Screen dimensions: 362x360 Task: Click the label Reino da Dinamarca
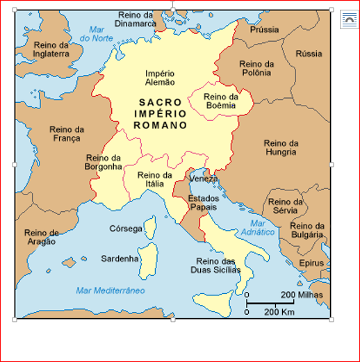coord(136,18)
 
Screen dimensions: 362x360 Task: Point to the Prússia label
coord(264,30)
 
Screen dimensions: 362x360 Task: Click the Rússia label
coord(309,54)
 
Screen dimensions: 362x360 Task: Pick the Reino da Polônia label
coord(256,69)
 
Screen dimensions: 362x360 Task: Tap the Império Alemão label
coord(160,77)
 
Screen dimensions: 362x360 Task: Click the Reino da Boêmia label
coord(221,101)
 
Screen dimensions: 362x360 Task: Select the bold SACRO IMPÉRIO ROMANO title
coord(161,114)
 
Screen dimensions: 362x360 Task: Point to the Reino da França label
coord(67,133)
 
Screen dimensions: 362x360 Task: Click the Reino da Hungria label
coord(281,148)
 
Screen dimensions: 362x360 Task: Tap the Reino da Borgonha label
coord(104,163)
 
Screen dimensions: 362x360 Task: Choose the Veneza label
coord(204,179)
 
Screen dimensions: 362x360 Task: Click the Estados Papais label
coord(202,203)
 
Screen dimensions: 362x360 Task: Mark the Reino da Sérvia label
coord(286,206)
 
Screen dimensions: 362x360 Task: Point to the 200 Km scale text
coord(280,311)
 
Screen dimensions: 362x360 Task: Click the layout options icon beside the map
coord(348,20)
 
